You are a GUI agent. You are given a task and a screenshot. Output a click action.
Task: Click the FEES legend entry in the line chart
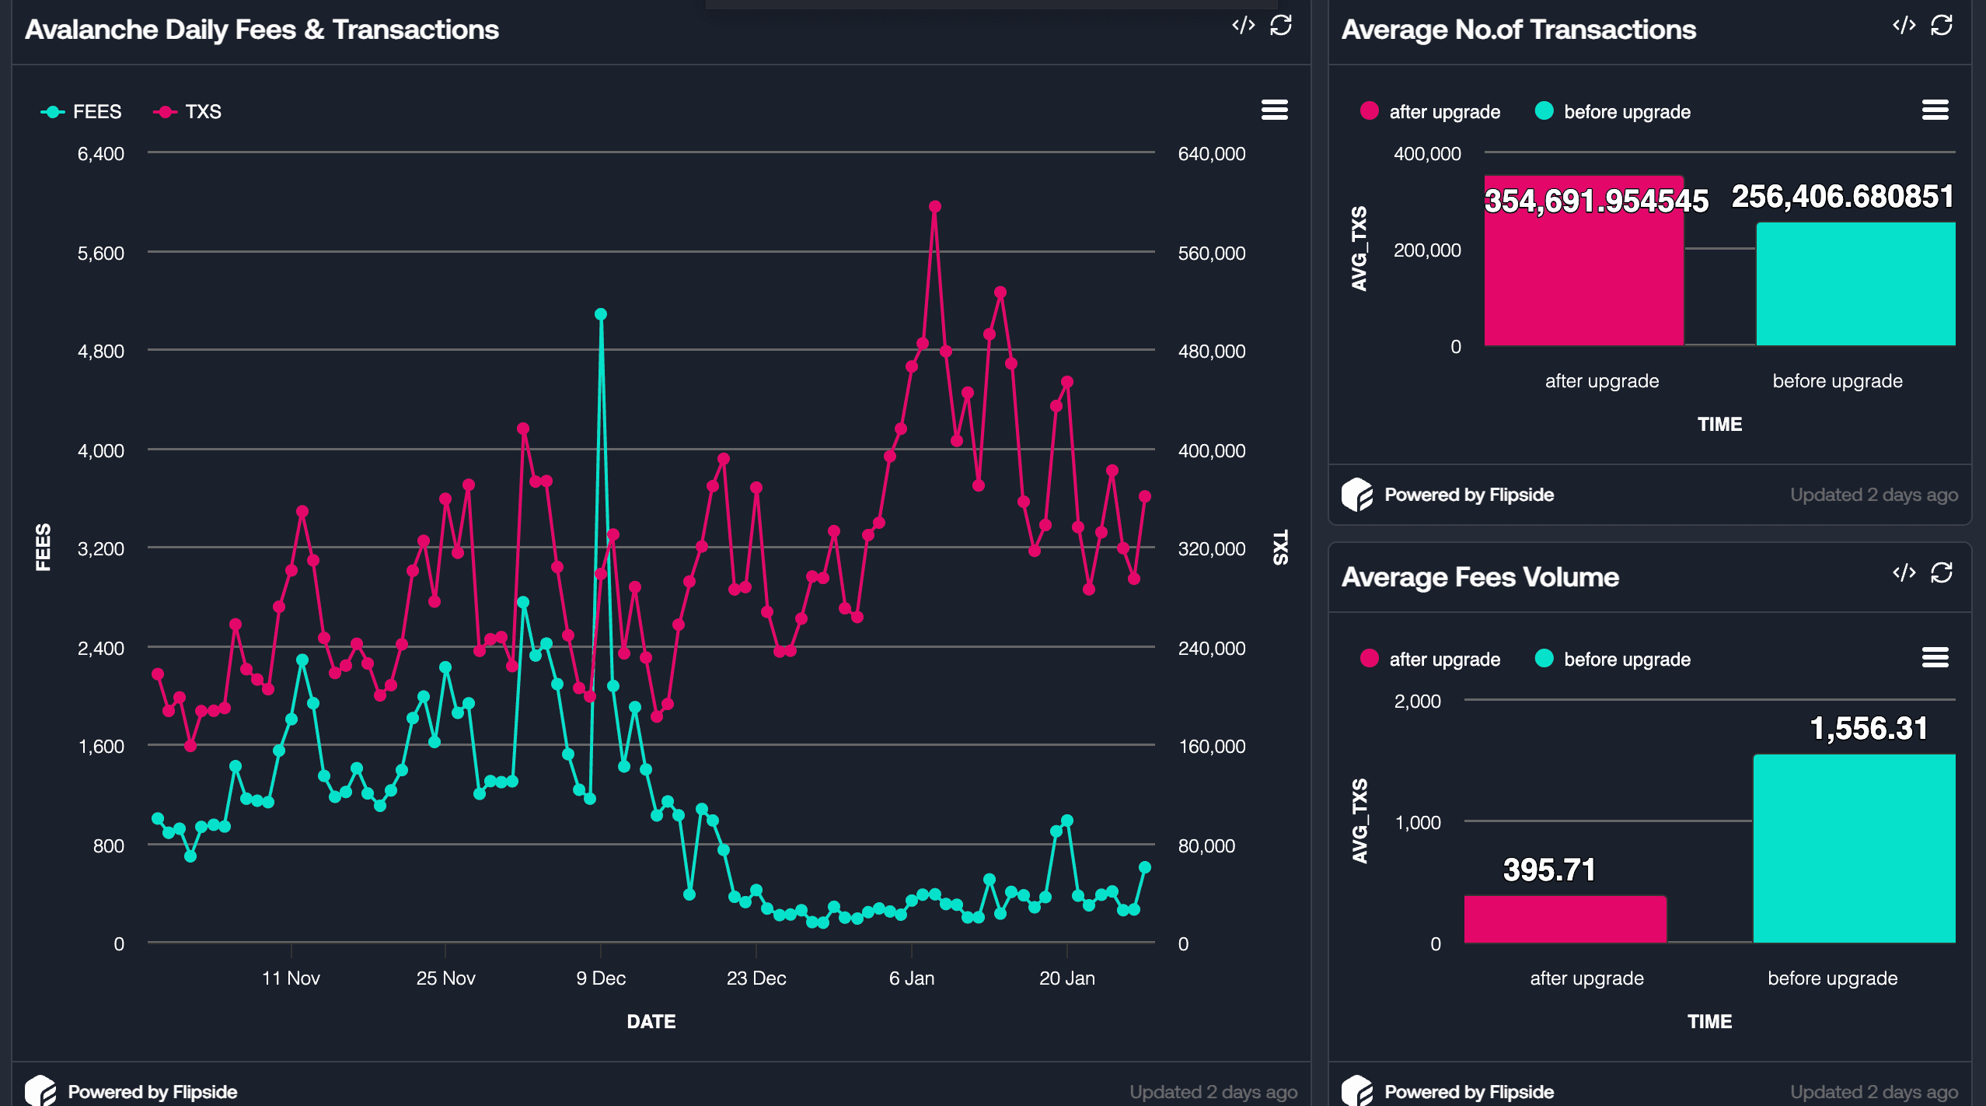pos(82,112)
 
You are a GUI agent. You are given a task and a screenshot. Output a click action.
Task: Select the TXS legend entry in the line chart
pos(187,112)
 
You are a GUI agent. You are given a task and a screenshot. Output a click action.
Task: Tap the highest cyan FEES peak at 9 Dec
pos(601,314)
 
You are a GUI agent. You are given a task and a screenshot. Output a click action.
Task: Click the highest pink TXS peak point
pos(935,207)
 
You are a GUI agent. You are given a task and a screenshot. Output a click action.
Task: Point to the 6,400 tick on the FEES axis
pos(100,154)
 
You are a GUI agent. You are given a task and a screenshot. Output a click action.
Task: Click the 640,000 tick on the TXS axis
pos(1212,154)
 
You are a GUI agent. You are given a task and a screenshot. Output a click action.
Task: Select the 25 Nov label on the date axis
pos(445,978)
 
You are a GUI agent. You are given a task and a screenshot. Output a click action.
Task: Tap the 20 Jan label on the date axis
pos(1067,978)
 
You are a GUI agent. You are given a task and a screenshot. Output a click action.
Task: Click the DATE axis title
pos(651,1022)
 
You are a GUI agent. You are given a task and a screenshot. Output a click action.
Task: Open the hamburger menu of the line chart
pos(1275,110)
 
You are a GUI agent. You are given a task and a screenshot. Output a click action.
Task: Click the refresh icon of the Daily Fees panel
pos(1281,26)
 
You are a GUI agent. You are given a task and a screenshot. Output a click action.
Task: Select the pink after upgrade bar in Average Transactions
pos(1584,261)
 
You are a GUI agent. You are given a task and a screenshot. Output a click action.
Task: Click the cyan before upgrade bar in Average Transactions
pos(1855,284)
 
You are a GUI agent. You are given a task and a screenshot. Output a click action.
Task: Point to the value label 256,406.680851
pos(1843,197)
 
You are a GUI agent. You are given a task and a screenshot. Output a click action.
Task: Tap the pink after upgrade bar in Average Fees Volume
pos(1565,919)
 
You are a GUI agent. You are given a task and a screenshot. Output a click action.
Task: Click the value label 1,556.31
pos(1869,729)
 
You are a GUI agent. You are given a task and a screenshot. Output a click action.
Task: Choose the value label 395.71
pos(1549,870)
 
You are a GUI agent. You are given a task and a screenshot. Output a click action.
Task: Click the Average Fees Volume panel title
pos(1480,577)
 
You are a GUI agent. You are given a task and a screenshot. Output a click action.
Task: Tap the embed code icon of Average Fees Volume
pos(1904,573)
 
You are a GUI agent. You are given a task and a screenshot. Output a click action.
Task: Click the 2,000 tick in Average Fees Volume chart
pos(1417,702)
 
